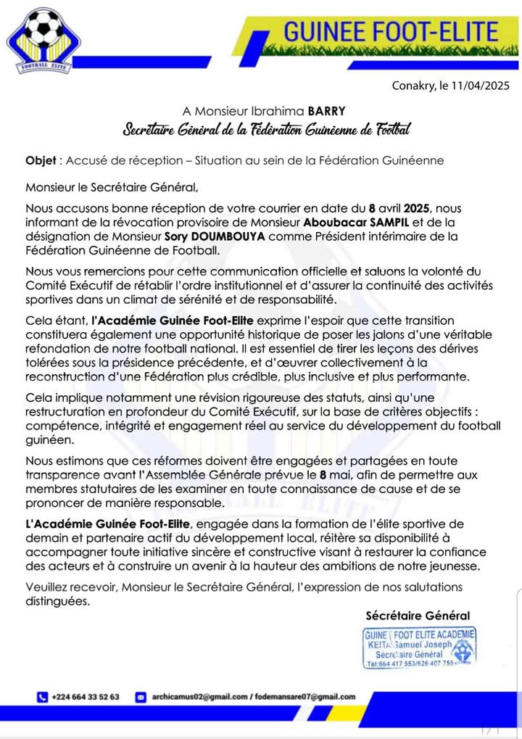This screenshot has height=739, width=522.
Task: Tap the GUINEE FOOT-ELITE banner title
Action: tap(391, 31)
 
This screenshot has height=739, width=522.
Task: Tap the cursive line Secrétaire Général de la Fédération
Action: tap(266, 131)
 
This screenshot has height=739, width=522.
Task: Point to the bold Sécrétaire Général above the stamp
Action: tap(418, 616)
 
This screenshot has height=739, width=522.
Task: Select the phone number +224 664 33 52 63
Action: tap(86, 697)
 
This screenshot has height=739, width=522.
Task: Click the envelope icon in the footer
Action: tap(141, 697)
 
